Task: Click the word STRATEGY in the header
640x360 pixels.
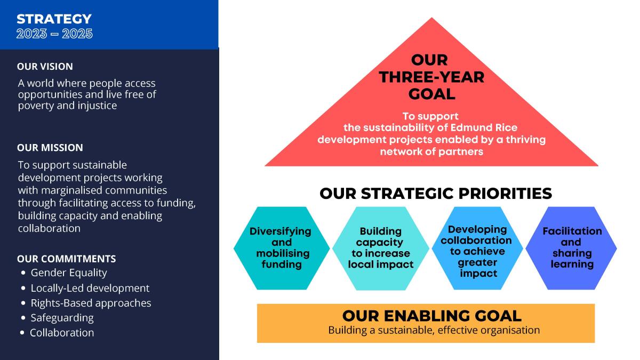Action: coord(54,19)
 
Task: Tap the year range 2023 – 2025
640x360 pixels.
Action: coord(54,34)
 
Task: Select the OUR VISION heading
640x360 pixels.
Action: coord(45,67)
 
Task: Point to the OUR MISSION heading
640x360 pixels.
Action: coord(50,148)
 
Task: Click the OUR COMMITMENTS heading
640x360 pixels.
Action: coord(66,259)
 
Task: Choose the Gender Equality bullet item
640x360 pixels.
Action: coord(69,273)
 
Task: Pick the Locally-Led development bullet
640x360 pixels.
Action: coord(90,288)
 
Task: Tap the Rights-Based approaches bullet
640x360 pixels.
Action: coord(91,303)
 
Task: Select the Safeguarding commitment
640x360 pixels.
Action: coord(62,318)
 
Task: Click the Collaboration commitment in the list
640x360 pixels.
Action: coord(62,333)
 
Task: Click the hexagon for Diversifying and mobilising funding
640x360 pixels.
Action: coord(282,248)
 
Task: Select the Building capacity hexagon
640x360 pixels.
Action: coord(381,248)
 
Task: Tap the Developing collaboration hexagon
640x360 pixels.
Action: coord(477,248)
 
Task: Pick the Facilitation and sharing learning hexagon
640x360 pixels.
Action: coord(571,248)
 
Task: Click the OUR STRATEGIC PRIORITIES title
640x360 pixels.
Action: coord(436,194)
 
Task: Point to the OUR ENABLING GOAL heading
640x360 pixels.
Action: coord(431,316)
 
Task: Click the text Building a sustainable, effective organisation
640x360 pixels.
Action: coord(434,330)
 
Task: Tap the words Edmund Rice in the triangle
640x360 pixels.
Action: coord(484,127)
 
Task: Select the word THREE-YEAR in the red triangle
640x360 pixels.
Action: coord(431,77)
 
